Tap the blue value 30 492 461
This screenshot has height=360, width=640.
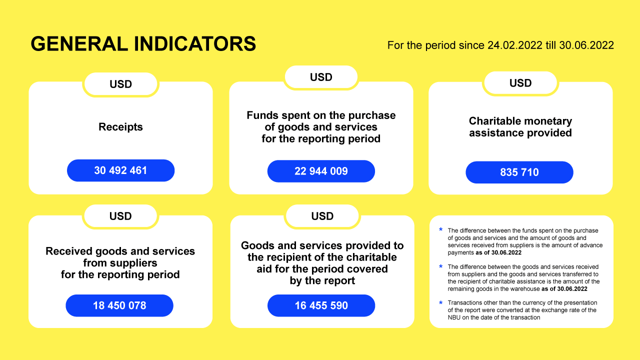(x=120, y=170)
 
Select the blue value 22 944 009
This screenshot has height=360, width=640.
(x=321, y=171)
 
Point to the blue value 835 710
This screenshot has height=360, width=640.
(x=519, y=172)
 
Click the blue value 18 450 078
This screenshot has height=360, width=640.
(x=119, y=305)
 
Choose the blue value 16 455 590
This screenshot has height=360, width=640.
(x=321, y=305)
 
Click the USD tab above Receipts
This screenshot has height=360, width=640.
(x=120, y=84)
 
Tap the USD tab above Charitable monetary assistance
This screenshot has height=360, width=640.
(x=520, y=83)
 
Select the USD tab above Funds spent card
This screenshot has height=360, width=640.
(x=321, y=77)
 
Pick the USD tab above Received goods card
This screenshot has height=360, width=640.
(x=120, y=216)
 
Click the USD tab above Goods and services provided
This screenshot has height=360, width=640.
(x=322, y=216)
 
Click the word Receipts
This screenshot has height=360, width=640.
(x=120, y=127)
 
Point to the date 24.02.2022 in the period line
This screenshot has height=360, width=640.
(x=515, y=45)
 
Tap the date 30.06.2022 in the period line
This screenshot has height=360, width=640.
(x=586, y=45)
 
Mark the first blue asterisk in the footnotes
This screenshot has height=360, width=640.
(x=441, y=229)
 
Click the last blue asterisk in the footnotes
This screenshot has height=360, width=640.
(x=441, y=302)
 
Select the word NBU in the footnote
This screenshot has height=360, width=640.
(x=454, y=317)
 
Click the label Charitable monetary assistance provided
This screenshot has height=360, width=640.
(x=520, y=127)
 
